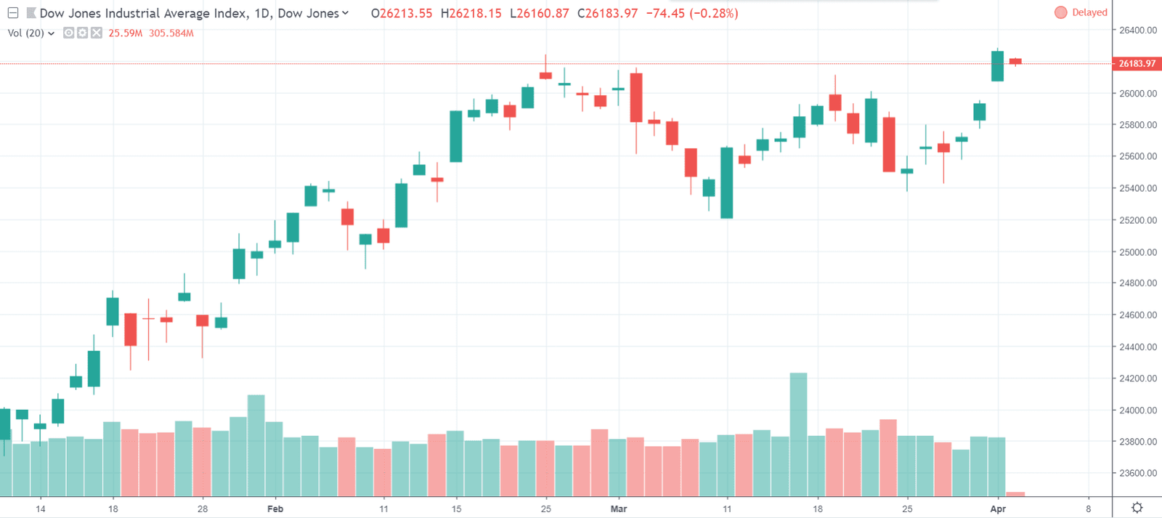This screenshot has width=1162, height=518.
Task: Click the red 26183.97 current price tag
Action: click(x=1137, y=64)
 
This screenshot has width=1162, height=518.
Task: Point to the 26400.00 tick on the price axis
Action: click(x=1138, y=30)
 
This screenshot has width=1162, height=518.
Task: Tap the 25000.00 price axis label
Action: click(x=1138, y=252)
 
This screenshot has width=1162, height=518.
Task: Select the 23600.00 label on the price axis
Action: click(x=1138, y=473)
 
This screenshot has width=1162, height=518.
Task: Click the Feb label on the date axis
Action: click(x=275, y=509)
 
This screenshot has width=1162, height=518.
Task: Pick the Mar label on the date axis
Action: click(x=619, y=509)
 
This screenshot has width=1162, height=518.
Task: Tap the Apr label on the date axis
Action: click(x=998, y=509)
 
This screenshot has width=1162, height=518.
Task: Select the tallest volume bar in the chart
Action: click(x=798, y=434)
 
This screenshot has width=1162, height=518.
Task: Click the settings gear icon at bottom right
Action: click(x=1137, y=508)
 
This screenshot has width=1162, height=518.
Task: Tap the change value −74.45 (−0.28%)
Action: click(x=691, y=13)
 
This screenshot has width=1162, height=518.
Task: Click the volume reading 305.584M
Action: click(x=171, y=33)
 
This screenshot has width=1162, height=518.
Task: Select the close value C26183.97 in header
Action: click(x=607, y=13)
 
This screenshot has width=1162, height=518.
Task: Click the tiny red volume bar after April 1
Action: click(x=1015, y=494)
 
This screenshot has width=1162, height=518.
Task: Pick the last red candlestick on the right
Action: click(x=1015, y=62)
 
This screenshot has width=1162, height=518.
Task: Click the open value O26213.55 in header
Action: click(x=402, y=13)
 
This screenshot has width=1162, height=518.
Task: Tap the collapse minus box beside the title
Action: click(x=13, y=13)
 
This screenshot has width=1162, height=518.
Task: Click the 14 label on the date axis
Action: click(x=41, y=509)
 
